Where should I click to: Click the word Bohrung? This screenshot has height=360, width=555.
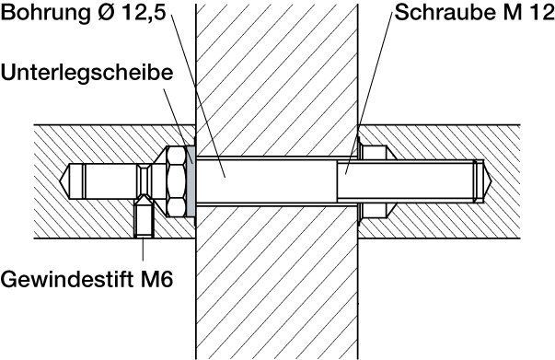coord(46,13)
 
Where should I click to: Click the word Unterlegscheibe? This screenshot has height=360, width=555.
coord(87,74)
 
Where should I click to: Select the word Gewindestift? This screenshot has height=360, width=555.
coord(68,279)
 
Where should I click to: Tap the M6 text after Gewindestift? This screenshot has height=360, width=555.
coord(156,279)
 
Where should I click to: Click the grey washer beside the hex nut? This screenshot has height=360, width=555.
coord(191,180)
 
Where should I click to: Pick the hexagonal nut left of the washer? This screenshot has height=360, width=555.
coord(175,180)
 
